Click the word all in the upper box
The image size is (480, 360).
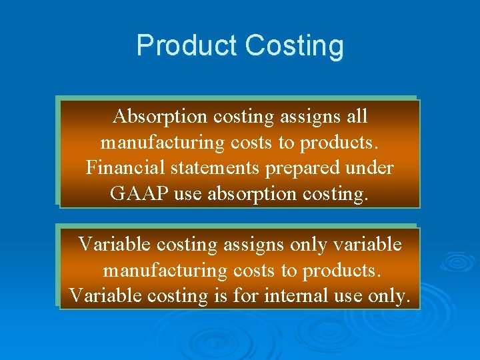pyautogui.click(x=357, y=117)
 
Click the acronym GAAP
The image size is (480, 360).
pyautogui.click(x=133, y=193)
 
